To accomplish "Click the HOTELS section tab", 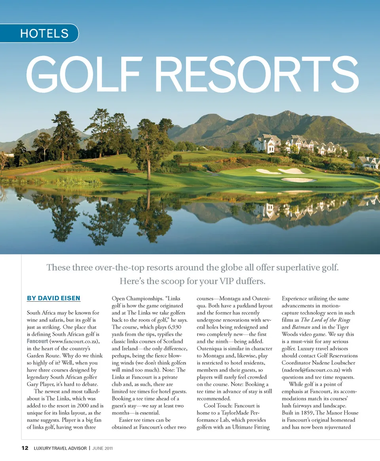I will coord(44,33).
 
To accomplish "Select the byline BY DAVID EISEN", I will coord(53,298).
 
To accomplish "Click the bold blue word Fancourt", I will coord(38,341).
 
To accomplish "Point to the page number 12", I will coord(25,448).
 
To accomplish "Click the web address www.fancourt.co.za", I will coord(74,341).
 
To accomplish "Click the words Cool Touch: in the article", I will coord(218,406).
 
